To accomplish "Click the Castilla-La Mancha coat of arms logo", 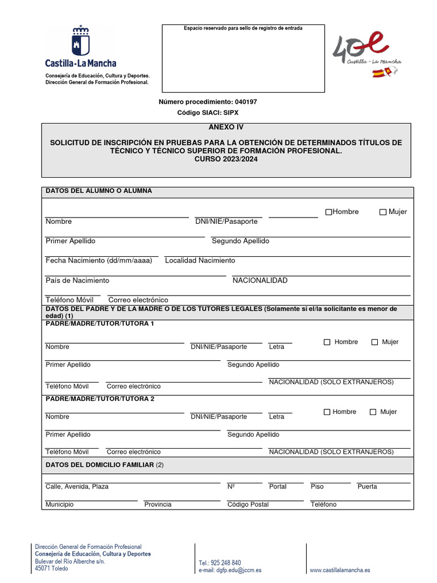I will pos(80,41).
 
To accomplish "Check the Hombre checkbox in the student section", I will pos(328,212).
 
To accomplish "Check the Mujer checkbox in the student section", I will pos(383,212).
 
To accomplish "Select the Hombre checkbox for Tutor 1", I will pos(327,342).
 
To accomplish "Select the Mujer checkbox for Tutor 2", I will pos(373,412).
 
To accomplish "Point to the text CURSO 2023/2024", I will pos(226,159).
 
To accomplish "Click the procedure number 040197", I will pos(245,102).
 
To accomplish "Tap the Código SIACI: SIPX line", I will pos(208,113).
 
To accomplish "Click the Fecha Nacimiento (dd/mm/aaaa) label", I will pos(99,261).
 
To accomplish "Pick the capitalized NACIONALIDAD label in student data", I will pos(260,281).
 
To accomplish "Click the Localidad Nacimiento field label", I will pos(200,261).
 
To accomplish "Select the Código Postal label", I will pos(248,504).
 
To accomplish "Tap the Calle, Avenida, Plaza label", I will pos(77,487).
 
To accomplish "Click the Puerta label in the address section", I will pos(367,487).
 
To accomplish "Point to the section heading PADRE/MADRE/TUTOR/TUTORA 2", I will pos(100,399).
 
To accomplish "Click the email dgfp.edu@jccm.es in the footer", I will pos(230,570).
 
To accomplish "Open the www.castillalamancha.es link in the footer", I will pos(340,570).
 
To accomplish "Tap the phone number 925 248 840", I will pos(220,563).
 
